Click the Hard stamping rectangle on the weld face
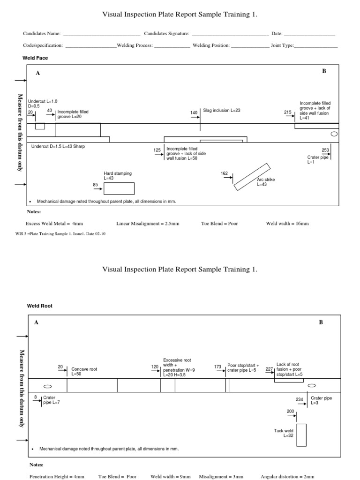tap(119, 188)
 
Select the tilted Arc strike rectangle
tap(252, 177)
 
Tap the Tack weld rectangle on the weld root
tap(301, 435)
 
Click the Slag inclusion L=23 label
tap(221, 111)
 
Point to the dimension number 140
tap(194, 112)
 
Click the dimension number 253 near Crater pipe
tap(325, 150)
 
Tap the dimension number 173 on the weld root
tap(217, 367)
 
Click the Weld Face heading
tap(35, 58)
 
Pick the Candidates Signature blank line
tap(230, 34)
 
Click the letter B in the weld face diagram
tap(323, 71)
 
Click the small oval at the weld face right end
tap(334, 134)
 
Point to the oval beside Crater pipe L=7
tap(47, 387)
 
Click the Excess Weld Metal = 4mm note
tap(58, 224)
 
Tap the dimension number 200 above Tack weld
tap(291, 411)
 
